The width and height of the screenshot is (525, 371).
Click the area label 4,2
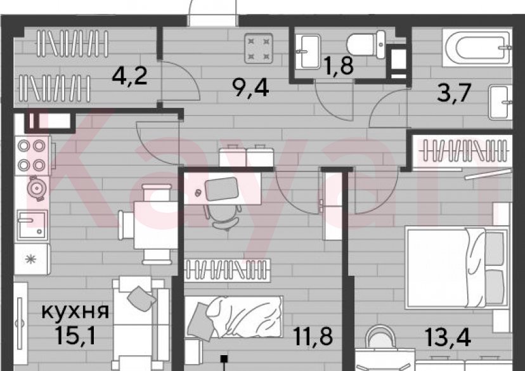(x=129, y=77)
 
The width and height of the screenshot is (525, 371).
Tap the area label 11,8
(x=314, y=334)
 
